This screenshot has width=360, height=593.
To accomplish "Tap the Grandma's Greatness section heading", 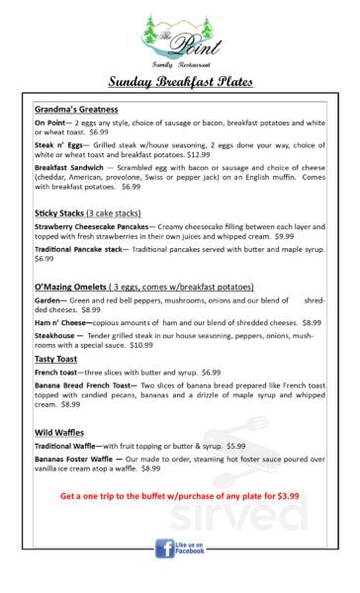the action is [76, 109].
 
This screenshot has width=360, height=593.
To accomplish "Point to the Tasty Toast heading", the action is [56, 359].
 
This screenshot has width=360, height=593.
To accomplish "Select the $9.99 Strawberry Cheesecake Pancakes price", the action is [284, 236].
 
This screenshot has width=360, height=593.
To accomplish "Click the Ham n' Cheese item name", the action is [63, 322].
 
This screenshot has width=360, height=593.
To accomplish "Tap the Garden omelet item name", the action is [48, 299].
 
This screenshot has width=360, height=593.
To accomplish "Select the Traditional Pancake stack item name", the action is [80, 249].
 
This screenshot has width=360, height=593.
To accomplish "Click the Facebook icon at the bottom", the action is [163, 547].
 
